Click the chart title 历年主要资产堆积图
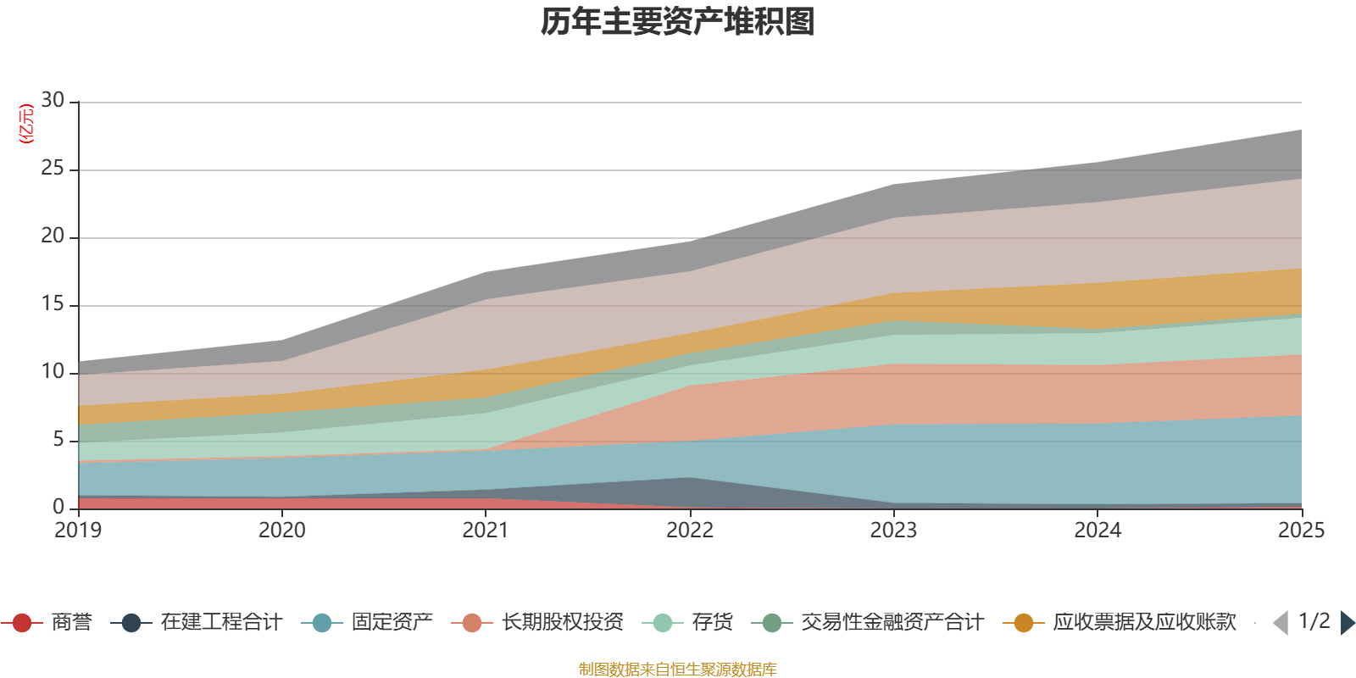tap(677, 22)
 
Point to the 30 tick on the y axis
tap(53, 101)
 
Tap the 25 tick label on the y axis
tap(53, 169)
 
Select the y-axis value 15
tap(53, 304)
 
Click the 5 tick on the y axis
tap(58, 439)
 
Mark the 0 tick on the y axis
tap(58, 507)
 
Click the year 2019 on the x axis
tap(78, 531)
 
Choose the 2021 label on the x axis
tap(486, 531)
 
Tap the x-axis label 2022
tap(690, 531)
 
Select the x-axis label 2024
tap(1098, 531)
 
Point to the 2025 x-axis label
tap(1301, 531)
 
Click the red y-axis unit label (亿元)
tap(26, 124)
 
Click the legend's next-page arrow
tap(1347, 623)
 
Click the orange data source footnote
tap(677, 670)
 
